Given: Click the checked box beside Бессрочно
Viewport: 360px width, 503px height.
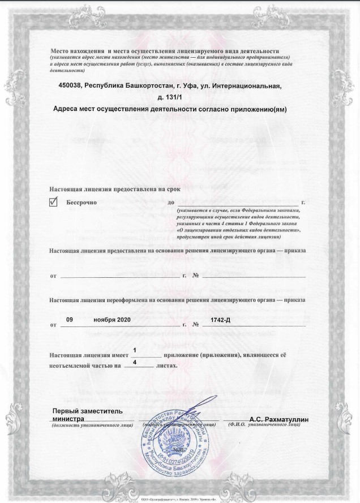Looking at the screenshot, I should [54, 202].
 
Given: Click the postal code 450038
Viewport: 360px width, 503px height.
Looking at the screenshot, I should [70, 85].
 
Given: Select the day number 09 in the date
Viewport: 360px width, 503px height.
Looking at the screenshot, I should [70, 320].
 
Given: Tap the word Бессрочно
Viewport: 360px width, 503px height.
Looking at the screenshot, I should [83, 202].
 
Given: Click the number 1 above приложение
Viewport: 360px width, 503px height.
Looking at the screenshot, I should [134, 350].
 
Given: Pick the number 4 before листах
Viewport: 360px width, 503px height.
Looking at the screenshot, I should [134, 362].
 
